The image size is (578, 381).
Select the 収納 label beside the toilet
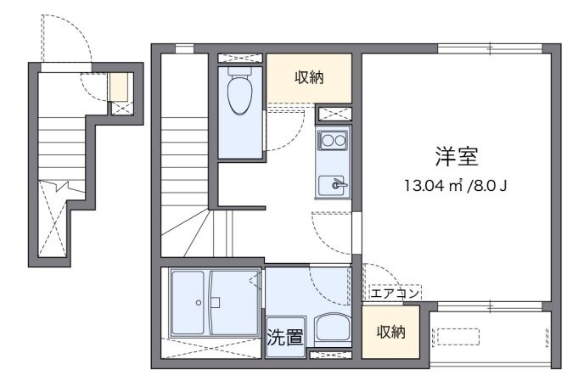[309, 78]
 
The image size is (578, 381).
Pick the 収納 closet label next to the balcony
[390, 331]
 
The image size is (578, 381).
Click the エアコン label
[394, 293]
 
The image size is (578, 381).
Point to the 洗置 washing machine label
[285, 337]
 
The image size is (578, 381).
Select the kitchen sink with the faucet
[332, 183]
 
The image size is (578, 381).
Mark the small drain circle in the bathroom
[198, 302]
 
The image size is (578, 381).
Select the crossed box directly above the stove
[332, 115]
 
